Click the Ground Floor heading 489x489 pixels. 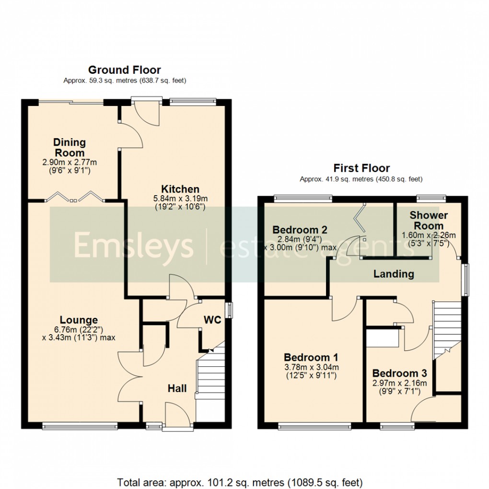(x=125, y=70)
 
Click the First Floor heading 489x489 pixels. (x=361, y=168)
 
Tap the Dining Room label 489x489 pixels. (x=70, y=147)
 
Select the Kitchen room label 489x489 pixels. (x=180, y=189)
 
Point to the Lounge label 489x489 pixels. (x=79, y=320)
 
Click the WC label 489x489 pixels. (x=212, y=320)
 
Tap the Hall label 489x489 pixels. (x=177, y=388)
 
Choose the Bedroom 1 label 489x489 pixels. (x=311, y=357)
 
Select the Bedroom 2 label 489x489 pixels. (x=296, y=229)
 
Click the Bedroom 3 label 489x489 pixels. (x=399, y=373)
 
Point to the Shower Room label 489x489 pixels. (x=429, y=221)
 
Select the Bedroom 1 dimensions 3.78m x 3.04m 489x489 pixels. (x=311, y=367)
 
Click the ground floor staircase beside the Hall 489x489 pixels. (x=210, y=379)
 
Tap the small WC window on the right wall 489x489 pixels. (x=230, y=310)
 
